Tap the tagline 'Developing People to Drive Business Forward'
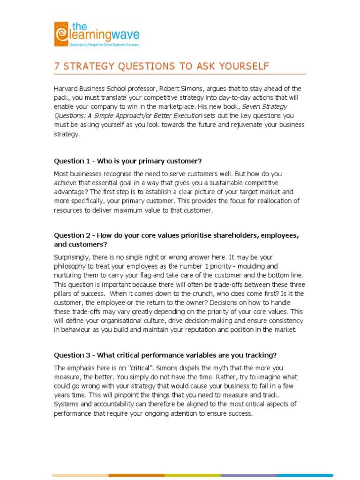[x=105, y=45]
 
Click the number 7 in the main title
[x=57, y=67]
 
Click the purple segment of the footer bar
[x=248, y=475]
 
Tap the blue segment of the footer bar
[x=305, y=475]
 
